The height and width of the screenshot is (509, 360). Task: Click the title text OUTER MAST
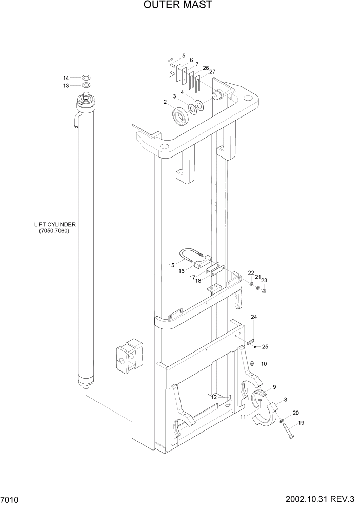178,5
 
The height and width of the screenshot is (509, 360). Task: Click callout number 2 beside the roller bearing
165,102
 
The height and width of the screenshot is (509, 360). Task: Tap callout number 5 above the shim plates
183,55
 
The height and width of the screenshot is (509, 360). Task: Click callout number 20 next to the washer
295,413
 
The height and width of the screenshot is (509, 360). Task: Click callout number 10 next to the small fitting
264,364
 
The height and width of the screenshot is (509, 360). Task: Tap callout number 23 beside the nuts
264,280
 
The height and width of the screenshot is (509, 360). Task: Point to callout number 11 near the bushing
243,417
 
